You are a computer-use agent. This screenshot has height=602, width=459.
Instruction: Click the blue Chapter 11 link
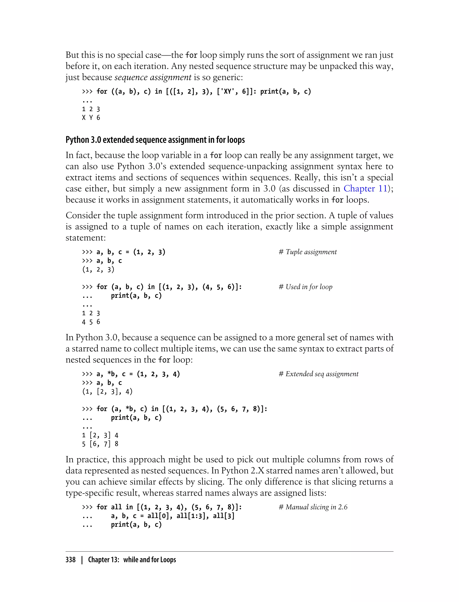(x=365, y=189)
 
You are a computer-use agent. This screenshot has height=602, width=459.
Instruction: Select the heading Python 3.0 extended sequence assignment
(x=155, y=140)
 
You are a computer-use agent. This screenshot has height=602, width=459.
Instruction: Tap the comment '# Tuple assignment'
(x=308, y=252)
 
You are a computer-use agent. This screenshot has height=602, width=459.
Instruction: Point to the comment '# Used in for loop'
(x=305, y=287)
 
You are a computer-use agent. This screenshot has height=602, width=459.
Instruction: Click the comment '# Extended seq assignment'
(x=318, y=374)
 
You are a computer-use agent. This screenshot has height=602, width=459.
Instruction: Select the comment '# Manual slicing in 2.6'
(x=313, y=507)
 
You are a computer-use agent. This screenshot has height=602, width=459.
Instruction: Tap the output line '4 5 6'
(x=91, y=322)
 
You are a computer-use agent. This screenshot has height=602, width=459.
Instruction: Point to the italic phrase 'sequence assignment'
(x=153, y=77)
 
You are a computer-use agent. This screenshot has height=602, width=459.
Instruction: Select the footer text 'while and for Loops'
(x=149, y=560)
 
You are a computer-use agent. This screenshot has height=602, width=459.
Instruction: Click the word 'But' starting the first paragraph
(x=72, y=55)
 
